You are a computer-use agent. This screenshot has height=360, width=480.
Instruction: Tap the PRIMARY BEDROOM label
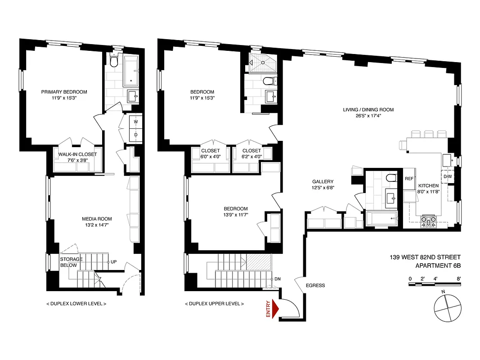pos(64,92)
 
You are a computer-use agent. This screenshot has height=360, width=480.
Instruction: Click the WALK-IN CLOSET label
pos(77,154)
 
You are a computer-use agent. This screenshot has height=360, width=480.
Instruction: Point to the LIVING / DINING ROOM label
pos(368,109)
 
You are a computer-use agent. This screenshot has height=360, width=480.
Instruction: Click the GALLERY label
pos(323,182)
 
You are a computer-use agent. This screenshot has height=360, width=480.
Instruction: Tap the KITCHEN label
pos(428,186)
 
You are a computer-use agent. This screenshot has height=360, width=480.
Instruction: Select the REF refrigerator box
pos(409,179)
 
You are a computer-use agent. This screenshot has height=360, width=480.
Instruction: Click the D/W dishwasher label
pos(448,176)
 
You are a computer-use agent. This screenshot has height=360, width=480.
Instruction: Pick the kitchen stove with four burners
pos(428,220)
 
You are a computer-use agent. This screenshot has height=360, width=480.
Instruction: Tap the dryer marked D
pos(136,134)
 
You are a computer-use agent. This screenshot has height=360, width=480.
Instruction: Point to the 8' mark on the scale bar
pos(458,279)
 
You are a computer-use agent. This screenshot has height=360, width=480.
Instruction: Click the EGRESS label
pos(315,285)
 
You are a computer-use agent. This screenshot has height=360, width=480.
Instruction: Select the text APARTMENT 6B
pos(438,265)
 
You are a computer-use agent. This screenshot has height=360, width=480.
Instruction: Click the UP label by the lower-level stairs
pos(114,261)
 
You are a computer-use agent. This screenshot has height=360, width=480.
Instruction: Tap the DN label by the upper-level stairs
pos(278,279)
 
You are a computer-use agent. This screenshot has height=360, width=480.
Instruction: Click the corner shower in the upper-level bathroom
pos(260,63)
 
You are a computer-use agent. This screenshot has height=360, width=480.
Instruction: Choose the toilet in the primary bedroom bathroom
pos(114,60)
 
